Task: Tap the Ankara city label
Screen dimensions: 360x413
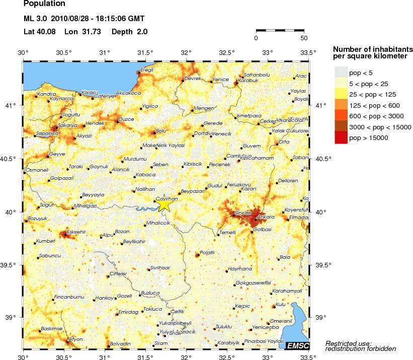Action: (266, 217)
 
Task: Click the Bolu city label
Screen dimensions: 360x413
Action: (161, 130)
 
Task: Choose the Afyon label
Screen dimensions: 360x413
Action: (74, 338)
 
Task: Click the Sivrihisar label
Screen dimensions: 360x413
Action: (160, 267)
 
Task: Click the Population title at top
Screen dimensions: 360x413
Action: (44, 4)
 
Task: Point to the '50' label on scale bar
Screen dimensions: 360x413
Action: (304, 38)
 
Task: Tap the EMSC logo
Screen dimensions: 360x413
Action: (297, 345)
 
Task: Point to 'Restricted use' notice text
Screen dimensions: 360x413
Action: (349, 343)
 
